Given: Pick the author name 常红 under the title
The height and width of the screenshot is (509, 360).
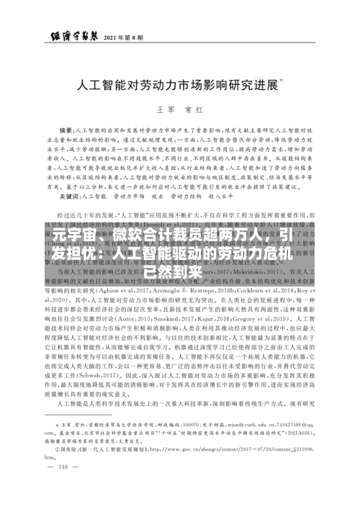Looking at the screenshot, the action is (197, 110).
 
